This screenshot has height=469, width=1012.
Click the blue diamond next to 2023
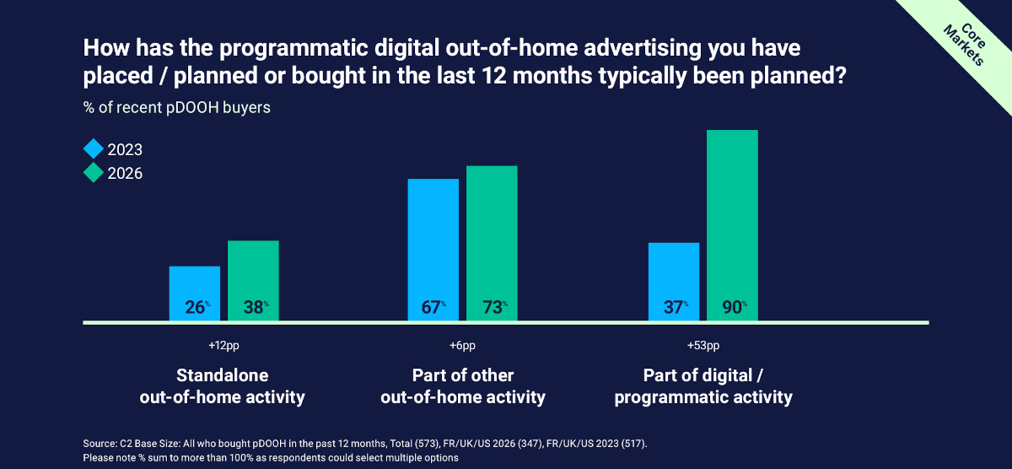[x=93, y=150]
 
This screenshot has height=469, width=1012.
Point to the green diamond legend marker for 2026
[x=93, y=173]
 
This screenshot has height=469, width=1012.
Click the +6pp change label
[x=462, y=346]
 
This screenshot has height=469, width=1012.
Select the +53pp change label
[x=703, y=346]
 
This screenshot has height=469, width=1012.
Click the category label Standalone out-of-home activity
[x=222, y=386]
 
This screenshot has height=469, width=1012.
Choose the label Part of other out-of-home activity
[x=462, y=386]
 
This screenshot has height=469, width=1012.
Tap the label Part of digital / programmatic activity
[x=703, y=386]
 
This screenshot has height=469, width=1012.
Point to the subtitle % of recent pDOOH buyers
[x=176, y=108]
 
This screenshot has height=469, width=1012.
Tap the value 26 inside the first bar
[x=194, y=308]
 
